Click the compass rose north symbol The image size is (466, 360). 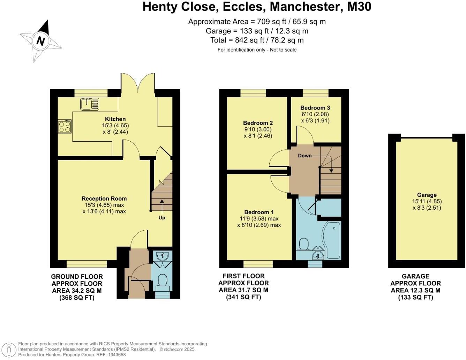click(40, 41)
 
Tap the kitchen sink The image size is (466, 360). click(89, 104)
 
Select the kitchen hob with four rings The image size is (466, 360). click(65, 126)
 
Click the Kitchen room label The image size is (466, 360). click(115, 119)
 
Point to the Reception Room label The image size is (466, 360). click(104, 198)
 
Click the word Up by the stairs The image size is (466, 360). click(162, 218)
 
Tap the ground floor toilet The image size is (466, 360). click(162, 280)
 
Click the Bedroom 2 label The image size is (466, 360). click(258, 123)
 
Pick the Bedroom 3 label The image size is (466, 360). click(315, 108)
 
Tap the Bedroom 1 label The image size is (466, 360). click(259, 212)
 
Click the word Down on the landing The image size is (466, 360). click(305, 156)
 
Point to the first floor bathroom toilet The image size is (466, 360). click(303, 244)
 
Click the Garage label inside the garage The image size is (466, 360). click(427, 195)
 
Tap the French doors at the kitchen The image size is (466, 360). click(138, 84)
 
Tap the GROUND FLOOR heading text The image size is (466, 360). click(77, 277)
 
